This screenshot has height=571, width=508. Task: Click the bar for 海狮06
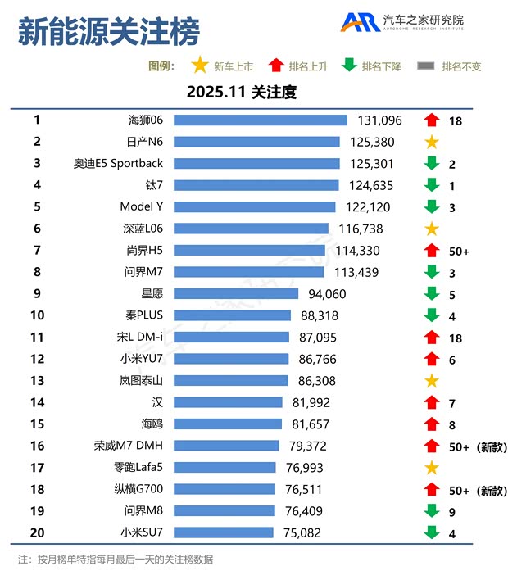(x=261, y=120)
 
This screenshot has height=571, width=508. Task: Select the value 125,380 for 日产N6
(x=372, y=142)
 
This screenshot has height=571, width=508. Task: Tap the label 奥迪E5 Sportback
(x=118, y=164)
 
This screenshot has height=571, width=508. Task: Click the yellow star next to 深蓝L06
(x=432, y=229)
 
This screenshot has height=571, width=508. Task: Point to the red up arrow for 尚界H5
(x=432, y=251)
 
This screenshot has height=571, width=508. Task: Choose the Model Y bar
(x=255, y=207)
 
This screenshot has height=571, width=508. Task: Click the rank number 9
(x=37, y=294)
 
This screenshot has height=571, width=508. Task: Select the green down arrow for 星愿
(x=432, y=294)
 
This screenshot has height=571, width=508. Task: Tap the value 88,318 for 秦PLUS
(x=320, y=315)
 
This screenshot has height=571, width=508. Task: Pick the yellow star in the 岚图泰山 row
(x=432, y=381)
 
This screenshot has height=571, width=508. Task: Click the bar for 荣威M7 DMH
(x=226, y=446)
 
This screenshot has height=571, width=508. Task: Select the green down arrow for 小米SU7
(x=432, y=533)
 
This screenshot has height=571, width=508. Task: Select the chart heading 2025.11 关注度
(x=241, y=93)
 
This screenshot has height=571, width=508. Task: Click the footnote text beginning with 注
(x=115, y=560)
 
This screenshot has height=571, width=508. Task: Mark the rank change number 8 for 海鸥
(x=452, y=424)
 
